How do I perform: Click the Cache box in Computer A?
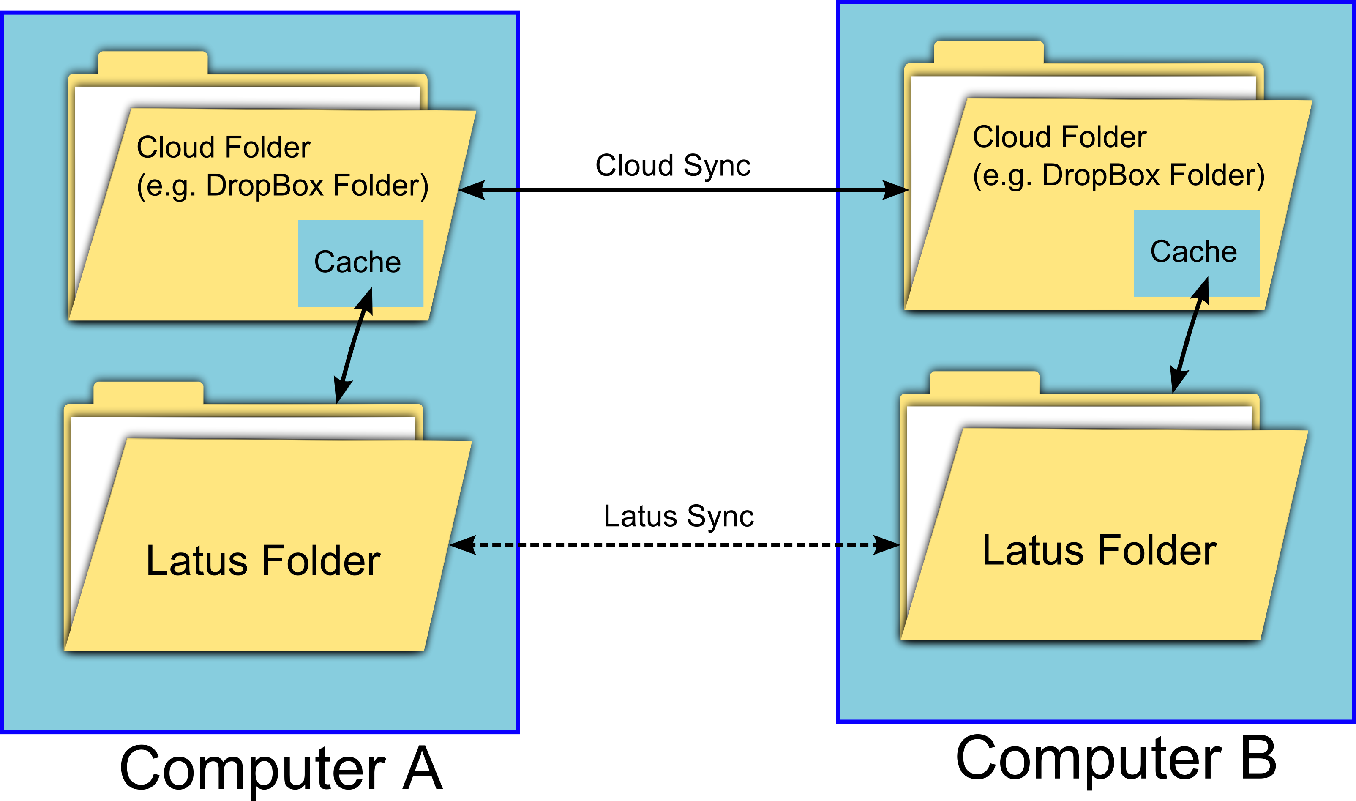click(360, 263)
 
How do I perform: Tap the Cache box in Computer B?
click(1196, 253)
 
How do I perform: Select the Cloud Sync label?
click(673, 165)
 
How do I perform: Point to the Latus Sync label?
click(678, 516)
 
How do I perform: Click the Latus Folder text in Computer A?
click(263, 560)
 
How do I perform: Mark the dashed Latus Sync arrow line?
click(674, 545)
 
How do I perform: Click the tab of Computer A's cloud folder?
click(152, 62)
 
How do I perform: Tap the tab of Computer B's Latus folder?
click(984, 382)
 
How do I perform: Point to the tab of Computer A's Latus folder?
click(148, 392)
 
